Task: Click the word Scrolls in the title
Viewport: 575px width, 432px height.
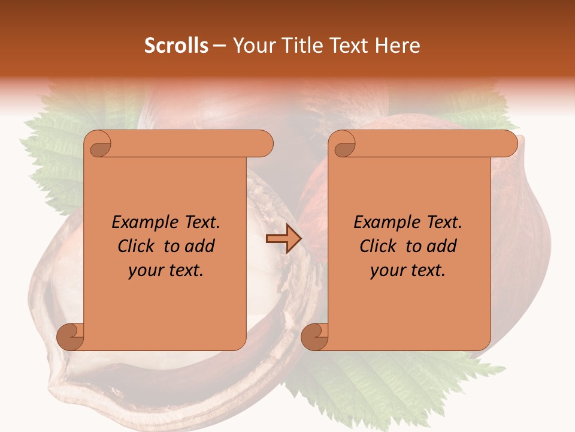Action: coord(176,46)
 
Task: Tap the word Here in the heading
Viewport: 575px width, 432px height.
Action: coord(397,46)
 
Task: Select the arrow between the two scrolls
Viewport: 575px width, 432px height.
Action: coord(283,239)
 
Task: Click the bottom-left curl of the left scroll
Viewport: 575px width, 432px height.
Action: coord(70,337)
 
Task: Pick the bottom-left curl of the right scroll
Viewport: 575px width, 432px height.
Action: coord(314,337)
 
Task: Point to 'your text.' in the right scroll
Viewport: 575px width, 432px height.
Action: coord(408,271)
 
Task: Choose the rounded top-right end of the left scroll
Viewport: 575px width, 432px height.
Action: coord(264,144)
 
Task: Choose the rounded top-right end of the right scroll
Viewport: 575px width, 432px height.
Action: coord(508,144)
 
